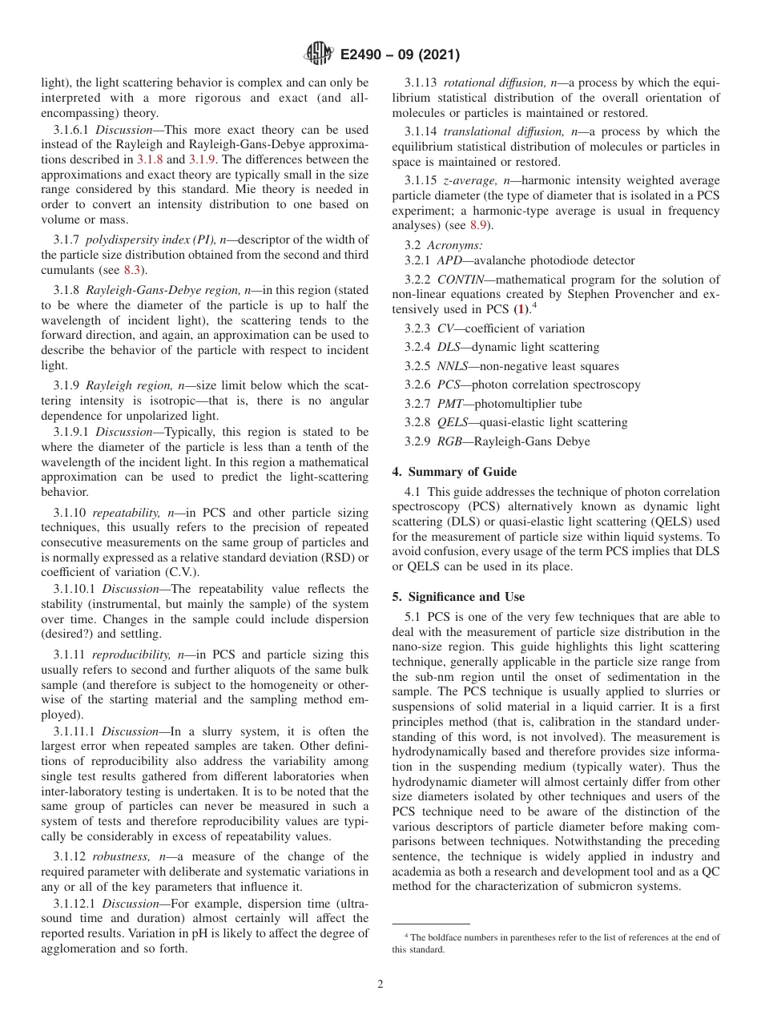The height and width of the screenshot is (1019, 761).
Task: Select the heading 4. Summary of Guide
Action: click(x=454, y=472)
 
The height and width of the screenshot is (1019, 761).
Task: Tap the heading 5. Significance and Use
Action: click(x=458, y=597)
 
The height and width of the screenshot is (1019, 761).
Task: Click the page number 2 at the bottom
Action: click(x=380, y=985)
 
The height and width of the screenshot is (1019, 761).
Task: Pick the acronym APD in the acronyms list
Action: click(x=449, y=260)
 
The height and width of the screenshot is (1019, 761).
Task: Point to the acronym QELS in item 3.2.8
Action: click(x=453, y=422)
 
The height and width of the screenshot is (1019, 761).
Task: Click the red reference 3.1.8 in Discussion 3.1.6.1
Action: click(x=150, y=159)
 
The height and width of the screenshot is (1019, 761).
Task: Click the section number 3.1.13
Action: click(x=422, y=83)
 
